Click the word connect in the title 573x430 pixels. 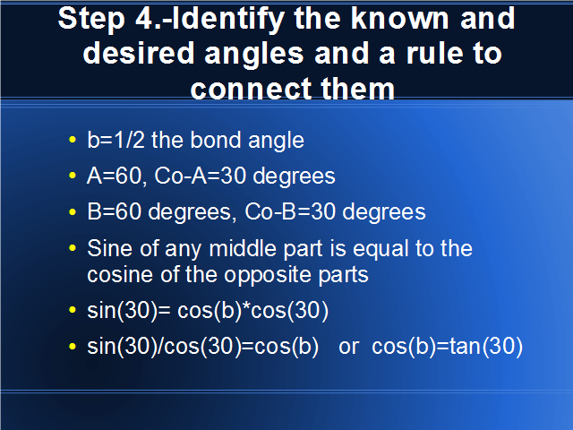(252, 89)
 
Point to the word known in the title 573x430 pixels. (400, 18)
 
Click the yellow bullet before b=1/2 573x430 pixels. (73, 140)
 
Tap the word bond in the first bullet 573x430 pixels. (216, 140)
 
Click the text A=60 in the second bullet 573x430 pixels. (115, 176)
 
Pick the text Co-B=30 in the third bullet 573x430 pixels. (290, 211)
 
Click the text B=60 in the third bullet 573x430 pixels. (115, 211)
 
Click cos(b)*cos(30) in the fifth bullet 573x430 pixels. (252, 311)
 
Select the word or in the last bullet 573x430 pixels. (348, 347)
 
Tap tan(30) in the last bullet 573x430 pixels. (486, 346)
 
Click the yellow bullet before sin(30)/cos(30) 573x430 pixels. (73, 346)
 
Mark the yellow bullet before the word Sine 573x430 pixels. (73, 248)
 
